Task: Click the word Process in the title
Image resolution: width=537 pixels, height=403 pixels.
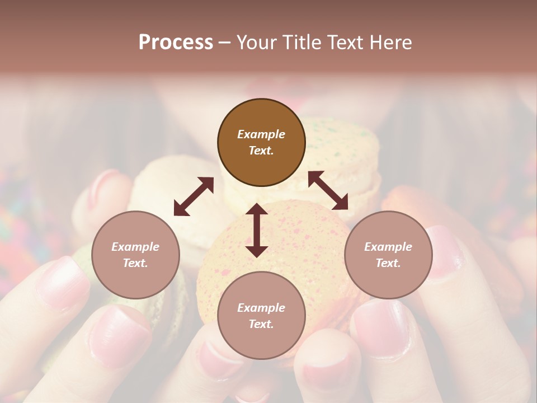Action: pyautogui.click(x=176, y=43)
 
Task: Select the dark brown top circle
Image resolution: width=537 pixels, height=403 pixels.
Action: pyautogui.click(x=261, y=143)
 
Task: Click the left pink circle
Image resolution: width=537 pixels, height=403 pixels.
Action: pyautogui.click(x=135, y=255)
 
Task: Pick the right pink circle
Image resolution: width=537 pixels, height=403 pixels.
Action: pyautogui.click(x=388, y=255)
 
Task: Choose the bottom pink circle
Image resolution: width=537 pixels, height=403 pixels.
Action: pyautogui.click(x=261, y=316)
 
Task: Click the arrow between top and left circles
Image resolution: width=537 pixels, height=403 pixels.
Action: pyautogui.click(x=194, y=196)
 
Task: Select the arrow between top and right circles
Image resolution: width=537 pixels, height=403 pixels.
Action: pyautogui.click(x=328, y=190)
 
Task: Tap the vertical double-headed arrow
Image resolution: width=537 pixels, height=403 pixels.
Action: pyautogui.click(x=257, y=230)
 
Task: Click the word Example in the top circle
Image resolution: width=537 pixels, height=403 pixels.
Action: pyautogui.click(x=261, y=134)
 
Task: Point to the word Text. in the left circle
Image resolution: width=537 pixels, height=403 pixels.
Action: pyautogui.click(x=135, y=263)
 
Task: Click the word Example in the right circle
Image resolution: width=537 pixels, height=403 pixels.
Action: pyautogui.click(x=388, y=247)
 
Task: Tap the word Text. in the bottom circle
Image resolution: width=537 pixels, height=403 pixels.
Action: pyautogui.click(x=261, y=324)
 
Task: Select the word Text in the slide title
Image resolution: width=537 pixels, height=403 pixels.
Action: pyautogui.click(x=347, y=43)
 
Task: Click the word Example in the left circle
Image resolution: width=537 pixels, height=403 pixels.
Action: pyautogui.click(x=135, y=247)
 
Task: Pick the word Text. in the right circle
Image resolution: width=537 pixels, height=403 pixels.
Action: pyautogui.click(x=388, y=263)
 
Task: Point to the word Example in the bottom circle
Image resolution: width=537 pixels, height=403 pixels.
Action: pyautogui.click(x=261, y=308)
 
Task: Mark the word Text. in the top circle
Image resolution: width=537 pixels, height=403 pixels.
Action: pyautogui.click(x=261, y=151)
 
